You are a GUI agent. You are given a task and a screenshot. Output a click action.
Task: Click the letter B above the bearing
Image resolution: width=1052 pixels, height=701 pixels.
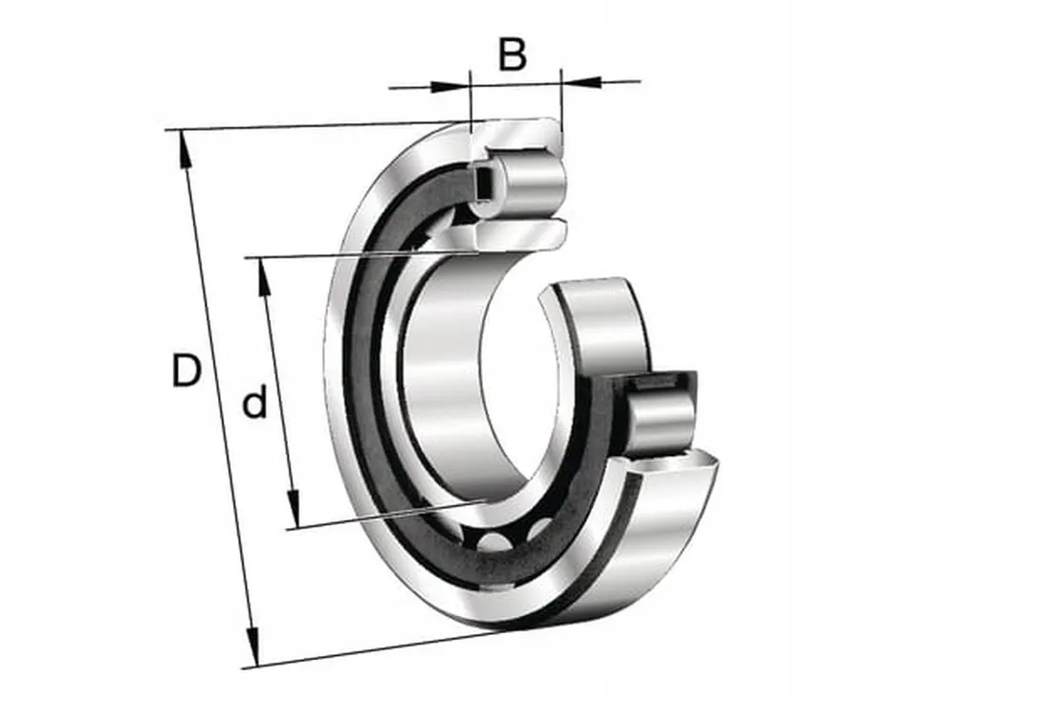pos(513,55)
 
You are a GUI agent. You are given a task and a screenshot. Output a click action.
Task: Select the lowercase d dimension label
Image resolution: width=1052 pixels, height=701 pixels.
pos(254,401)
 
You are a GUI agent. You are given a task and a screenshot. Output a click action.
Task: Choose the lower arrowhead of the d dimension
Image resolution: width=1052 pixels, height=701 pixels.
pos(294,509)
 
